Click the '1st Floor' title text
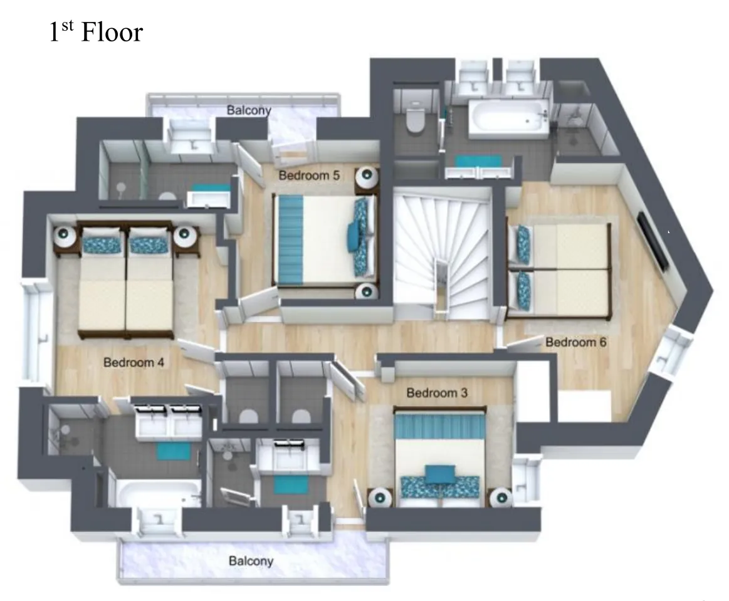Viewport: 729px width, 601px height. coord(96,31)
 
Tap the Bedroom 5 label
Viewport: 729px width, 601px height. coord(308,175)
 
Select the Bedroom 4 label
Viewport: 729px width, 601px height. coord(134,362)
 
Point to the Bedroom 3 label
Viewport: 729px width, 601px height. coord(436,393)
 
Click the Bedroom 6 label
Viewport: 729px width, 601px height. coord(575,342)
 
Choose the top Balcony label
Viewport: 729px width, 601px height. coord(249,110)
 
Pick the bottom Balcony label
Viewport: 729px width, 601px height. coord(251,561)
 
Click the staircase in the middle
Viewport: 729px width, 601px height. coord(443,253)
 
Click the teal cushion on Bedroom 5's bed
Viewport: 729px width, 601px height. coord(354,237)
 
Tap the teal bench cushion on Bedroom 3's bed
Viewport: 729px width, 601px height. coord(439,474)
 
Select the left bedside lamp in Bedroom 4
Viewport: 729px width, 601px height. coord(65,236)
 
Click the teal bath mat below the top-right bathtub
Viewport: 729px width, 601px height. coord(478,161)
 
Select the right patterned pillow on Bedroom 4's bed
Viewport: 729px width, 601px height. coord(149,244)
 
